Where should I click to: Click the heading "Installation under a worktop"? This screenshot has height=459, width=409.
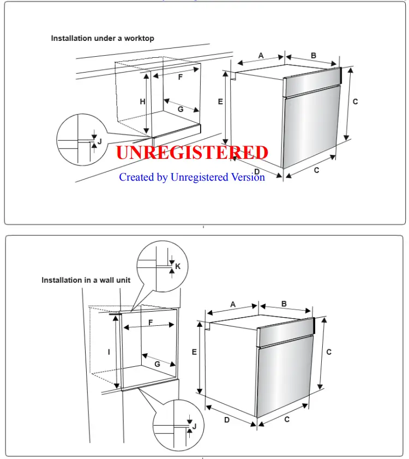[x=103, y=38]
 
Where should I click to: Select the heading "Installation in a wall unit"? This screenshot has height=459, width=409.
[x=86, y=280]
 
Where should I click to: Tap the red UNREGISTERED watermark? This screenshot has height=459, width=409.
[x=192, y=152]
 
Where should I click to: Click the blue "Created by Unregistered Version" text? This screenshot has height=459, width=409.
[x=192, y=177]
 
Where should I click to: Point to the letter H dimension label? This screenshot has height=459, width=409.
[x=142, y=102]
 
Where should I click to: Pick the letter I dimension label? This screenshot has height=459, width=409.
[x=109, y=352]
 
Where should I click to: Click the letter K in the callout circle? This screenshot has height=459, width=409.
[x=177, y=266]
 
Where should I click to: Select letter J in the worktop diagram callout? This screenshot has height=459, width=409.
[x=99, y=141]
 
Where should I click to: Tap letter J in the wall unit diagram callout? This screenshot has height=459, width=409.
[x=194, y=426]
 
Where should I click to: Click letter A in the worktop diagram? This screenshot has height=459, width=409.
[x=261, y=56]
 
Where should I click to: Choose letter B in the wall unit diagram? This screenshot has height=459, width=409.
[x=284, y=304]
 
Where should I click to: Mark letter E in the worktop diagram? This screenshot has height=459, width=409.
[x=220, y=102]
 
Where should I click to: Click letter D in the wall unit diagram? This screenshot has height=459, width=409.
[x=227, y=420]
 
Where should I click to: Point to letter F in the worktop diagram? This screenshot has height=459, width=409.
[x=181, y=78]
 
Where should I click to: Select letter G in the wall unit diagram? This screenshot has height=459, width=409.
[x=157, y=363]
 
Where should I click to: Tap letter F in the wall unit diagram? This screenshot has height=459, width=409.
[x=151, y=323]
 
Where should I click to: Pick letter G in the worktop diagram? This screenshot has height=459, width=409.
[x=180, y=109]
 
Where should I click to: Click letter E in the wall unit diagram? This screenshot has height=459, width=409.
[x=194, y=352]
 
